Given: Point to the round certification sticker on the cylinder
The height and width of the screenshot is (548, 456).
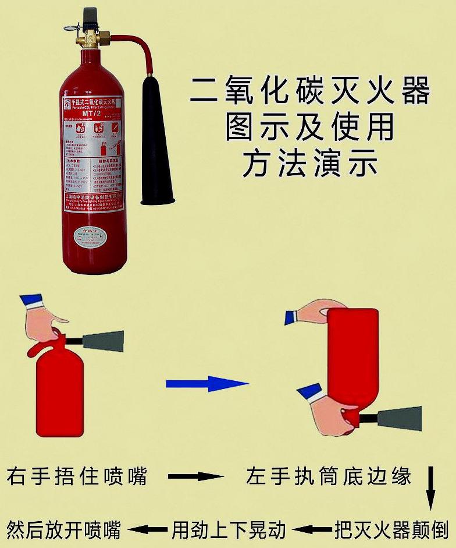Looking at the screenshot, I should click(91, 235).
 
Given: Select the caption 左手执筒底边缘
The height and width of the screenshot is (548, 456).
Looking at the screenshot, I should click(329, 476).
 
